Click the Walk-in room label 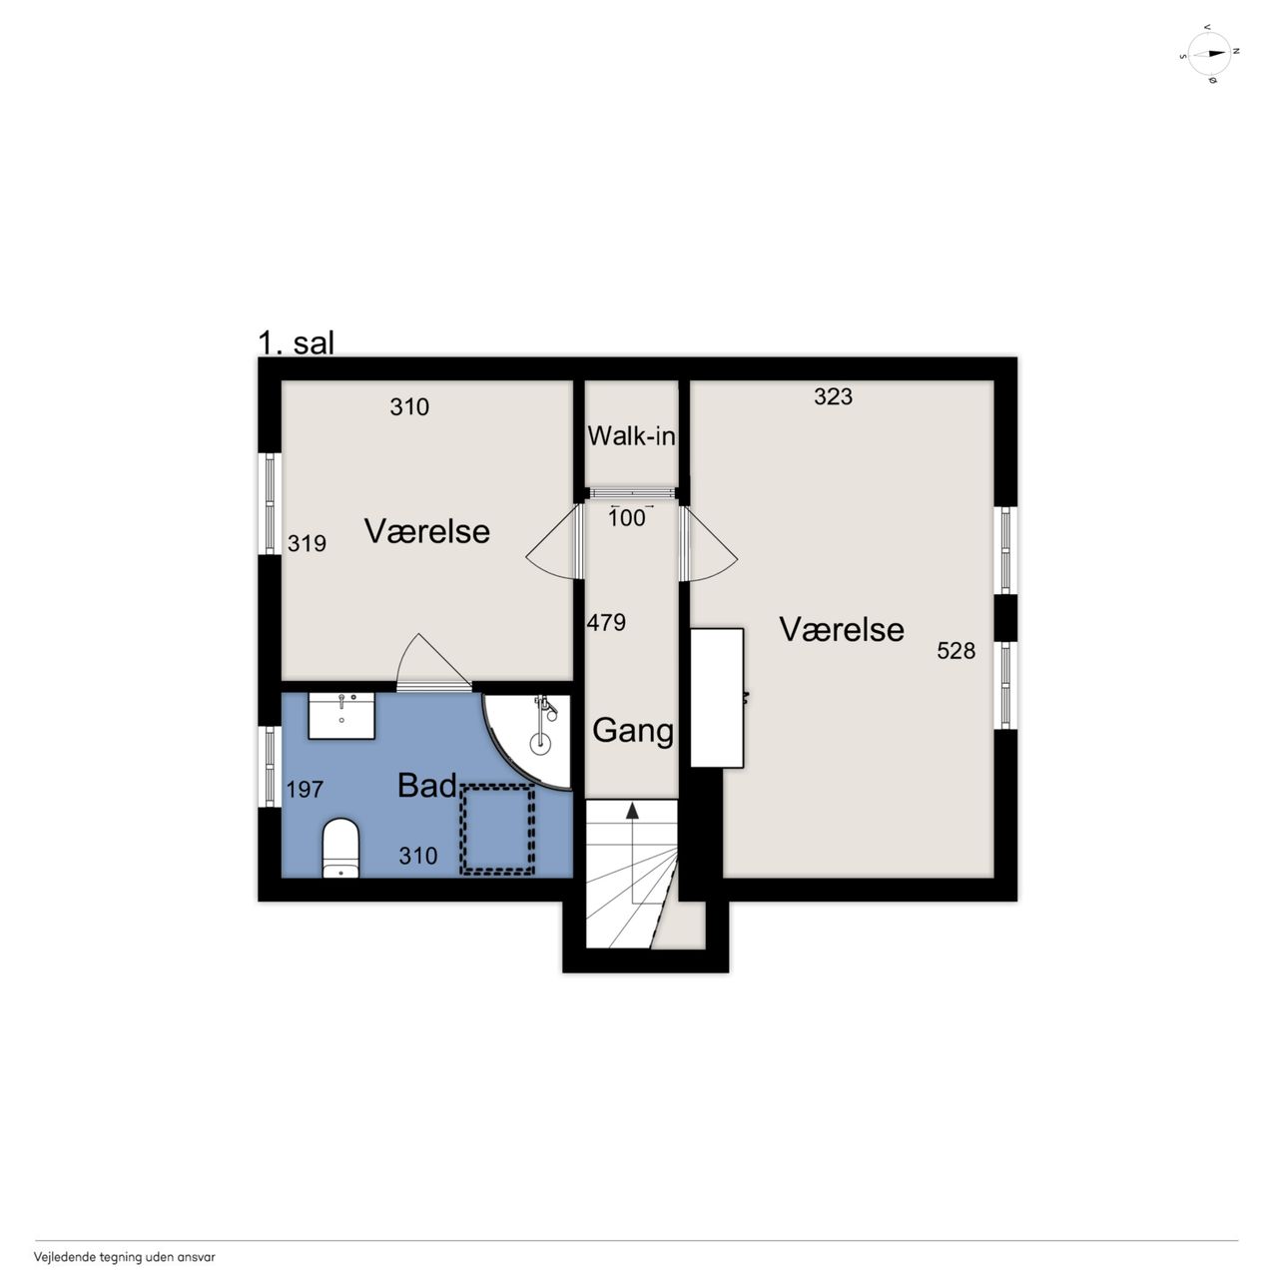coord(631,436)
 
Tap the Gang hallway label coord(633,732)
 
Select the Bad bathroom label coord(427,786)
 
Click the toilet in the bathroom coord(340,849)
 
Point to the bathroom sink coord(341,716)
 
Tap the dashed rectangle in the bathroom coord(497,830)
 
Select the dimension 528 coord(956,651)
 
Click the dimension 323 coord(833,396)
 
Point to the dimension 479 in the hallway coord(606,622)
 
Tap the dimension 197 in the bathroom coord(305,789)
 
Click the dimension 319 coord(307,543)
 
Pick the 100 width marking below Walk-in coord(627,517)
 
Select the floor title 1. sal coord(296,343)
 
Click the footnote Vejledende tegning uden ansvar coord(125,1257)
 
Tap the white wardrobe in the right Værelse coord(716,698)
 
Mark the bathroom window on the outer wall coord(270,767)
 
